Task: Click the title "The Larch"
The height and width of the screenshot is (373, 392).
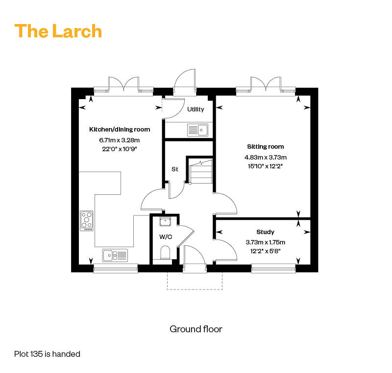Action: click(58, 31)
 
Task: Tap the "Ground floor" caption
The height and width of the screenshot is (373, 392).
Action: click(196, 329)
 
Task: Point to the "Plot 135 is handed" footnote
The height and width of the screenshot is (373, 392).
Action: click(47, 354)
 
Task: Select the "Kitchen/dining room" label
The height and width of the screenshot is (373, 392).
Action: click(120, 130)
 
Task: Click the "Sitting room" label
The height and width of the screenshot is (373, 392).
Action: click(265, 147)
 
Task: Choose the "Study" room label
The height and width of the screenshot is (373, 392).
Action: click(265, 232)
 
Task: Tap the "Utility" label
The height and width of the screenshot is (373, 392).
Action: click(196, 109)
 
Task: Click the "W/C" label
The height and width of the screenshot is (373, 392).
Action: click(166, 237)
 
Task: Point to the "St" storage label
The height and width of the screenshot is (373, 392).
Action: click(175, 169)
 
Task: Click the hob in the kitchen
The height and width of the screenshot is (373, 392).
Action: click(87, 221)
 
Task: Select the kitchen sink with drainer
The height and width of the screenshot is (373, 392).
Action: click(115, 255)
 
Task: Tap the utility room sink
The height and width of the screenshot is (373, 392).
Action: click(197, 130)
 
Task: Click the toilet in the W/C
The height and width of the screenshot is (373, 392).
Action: click(165, 253)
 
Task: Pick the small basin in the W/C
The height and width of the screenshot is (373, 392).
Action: click(165, 221)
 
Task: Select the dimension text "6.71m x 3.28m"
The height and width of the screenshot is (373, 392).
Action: click(119, 140)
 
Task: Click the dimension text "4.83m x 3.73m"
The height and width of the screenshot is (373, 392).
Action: click(266, 158)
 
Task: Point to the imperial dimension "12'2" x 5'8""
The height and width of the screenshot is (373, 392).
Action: click(265, 251)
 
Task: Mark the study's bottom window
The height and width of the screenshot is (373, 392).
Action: click(273, 269)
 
